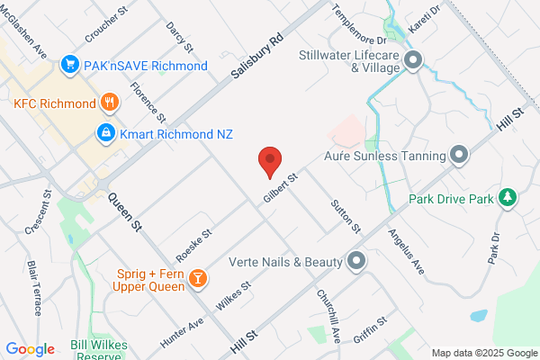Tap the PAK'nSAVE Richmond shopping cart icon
pos(67,65)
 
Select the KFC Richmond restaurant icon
pos(110,103)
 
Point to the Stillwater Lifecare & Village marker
pos(413,61)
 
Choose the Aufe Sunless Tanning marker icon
pos(459,156)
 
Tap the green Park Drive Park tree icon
pos(508,198)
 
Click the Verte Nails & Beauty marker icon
pos(356,261)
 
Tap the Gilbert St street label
pos(280,186)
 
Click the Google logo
pos(30,348)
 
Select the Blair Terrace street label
pos(35,288)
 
